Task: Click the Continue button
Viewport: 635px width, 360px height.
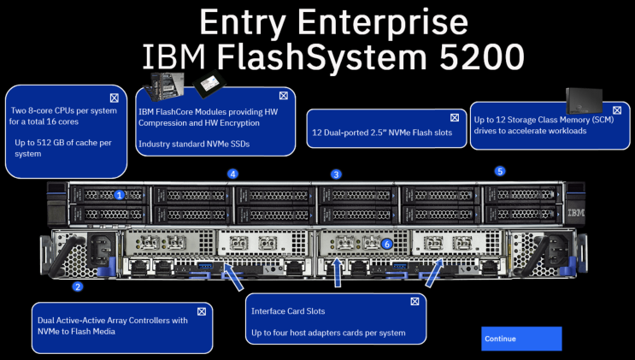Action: [x=521, y=339]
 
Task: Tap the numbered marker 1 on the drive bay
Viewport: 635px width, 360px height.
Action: [x=120, y=195]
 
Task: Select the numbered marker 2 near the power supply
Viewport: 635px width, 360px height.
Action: [x=77, y=287]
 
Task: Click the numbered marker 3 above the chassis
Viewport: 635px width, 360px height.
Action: [x=336, y=174]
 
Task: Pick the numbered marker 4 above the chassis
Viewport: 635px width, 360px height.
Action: [x=232, y=174]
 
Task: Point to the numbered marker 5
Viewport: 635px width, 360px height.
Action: [x=500, y=171]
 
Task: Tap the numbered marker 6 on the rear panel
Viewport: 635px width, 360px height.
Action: [x=387, y=244]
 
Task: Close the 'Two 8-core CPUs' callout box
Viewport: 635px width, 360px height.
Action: [x=114, y=97]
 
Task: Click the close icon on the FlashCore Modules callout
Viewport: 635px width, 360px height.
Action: [x=283, y=96]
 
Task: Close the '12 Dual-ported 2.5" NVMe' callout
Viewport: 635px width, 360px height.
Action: [x=454, y=117]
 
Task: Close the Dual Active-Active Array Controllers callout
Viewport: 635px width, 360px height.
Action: [x=202, y=311]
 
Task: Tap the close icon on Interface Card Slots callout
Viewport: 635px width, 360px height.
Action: [x=415, y=301]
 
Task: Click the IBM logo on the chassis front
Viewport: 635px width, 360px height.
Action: [x=575, y=213]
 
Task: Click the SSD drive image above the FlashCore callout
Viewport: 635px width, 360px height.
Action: [x=206, y=84]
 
